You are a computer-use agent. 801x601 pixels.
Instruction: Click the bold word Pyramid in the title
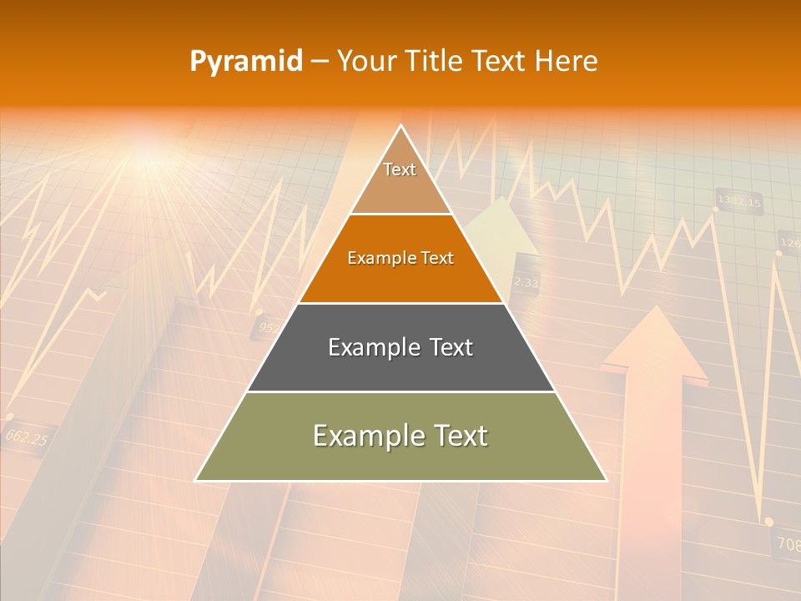pos(245,62)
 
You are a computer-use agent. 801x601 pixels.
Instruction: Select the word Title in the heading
pos(434,62)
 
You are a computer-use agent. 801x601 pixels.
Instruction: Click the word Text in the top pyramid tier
pos(400,169)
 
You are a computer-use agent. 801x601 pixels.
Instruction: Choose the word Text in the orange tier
pos(436,258)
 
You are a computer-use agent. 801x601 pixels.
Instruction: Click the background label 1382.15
pos(739,202)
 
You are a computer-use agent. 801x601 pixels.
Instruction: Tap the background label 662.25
pos(26,437)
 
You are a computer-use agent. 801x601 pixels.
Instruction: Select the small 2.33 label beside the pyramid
pos(526,283)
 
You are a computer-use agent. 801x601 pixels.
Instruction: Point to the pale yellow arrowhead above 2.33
pos(501,225)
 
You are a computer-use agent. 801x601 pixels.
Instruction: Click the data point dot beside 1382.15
pos(716,209)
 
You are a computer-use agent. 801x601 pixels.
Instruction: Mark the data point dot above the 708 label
pos(768,522)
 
